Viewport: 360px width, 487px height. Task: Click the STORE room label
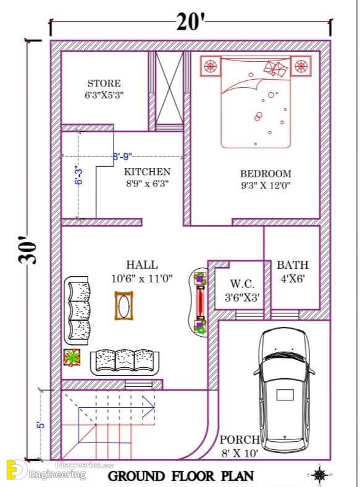(x=104, y=83)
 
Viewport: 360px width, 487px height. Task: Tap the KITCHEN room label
(x=147, y=172)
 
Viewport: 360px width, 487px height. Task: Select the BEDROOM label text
(x=266, y=173)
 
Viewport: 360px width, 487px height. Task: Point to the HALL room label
(x=142, y=265)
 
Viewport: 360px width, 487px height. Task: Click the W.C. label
(x=243, y=284)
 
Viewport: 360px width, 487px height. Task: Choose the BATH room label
(x=293, y=265)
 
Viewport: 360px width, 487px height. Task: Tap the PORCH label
(x=240, y=440)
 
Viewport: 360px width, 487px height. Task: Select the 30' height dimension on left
(x=27, y=250)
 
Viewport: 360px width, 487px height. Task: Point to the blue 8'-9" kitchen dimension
(x=122, y=156)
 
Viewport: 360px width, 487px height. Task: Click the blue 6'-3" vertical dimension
(x=79, y=176)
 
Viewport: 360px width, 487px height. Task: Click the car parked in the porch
(x=284, y=390)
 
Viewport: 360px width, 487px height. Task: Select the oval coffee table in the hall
(x=124, y=306)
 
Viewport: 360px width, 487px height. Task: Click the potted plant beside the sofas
(x=72, y=357)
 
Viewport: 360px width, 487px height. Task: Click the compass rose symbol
(x=319, y=475)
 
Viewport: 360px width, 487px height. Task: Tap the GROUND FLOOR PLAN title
(x=181, y=476)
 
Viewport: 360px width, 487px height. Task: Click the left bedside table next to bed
(x=211, y=66)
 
